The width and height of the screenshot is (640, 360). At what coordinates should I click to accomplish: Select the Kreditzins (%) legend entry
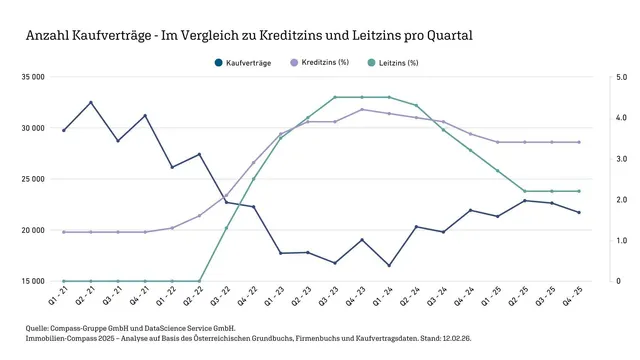pos(325,62)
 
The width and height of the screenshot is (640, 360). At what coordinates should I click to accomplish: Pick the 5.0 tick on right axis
pos(621,77)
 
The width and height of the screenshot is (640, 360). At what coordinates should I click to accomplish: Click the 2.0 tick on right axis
pos(621,200)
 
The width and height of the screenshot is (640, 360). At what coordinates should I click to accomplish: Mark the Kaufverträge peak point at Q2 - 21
pos(91,102)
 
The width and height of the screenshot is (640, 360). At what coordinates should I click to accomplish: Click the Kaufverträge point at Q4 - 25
pos(579,212)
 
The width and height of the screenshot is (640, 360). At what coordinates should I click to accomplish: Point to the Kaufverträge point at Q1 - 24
pos(389,265)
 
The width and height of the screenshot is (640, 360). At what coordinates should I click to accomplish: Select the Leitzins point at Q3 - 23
pos(335,97)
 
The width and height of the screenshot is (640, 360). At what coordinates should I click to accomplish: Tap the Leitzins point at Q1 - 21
pos(64,281)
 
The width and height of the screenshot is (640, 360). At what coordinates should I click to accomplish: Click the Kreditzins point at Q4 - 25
pos(579,142)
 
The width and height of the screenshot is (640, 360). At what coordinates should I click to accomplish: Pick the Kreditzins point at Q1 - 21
pos(64,232)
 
